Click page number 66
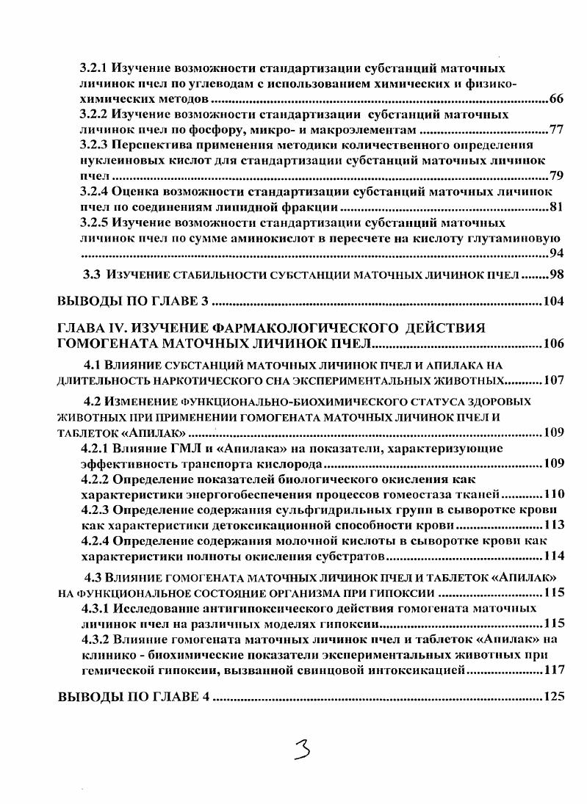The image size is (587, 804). point(556,99)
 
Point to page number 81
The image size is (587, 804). point(556,207)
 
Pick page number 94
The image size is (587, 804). point(556,254)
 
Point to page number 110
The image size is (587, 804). point(554,493)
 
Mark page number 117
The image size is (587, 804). point(554,670)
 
